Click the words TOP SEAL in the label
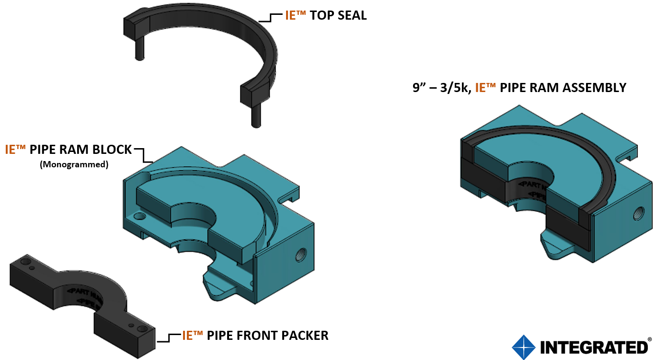click(338, 15)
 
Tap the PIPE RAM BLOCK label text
click(80, 150)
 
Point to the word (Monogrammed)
click(74, 164)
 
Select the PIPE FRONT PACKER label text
click(267, 336)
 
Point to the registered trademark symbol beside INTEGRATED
click(650, 339)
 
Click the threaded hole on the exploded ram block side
click(302, 252)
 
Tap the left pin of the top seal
click(139, 48)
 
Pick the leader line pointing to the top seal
click(271, 18)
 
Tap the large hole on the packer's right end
click(142, 329)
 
